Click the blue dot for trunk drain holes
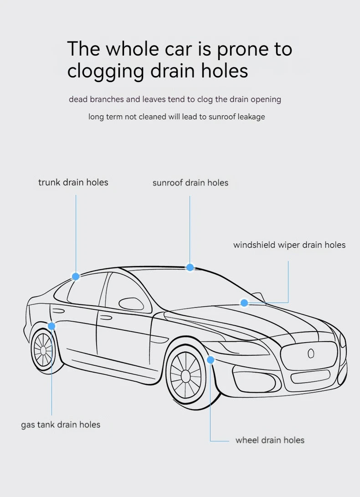point(76,277)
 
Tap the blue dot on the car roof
point(190,267)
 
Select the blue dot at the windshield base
point(244,302)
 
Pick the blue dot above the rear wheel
point(51,326)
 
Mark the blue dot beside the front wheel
point(210,360)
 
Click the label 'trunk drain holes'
point(73,182)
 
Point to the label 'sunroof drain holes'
point(190,183)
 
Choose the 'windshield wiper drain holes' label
point(289,245)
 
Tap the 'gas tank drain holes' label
point(61,425)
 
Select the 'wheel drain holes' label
point(270,440)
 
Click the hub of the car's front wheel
point(186,376)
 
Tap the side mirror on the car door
point(131,304)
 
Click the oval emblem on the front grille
point(311,353)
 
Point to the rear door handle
point(58,311)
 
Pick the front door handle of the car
point(106,318)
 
